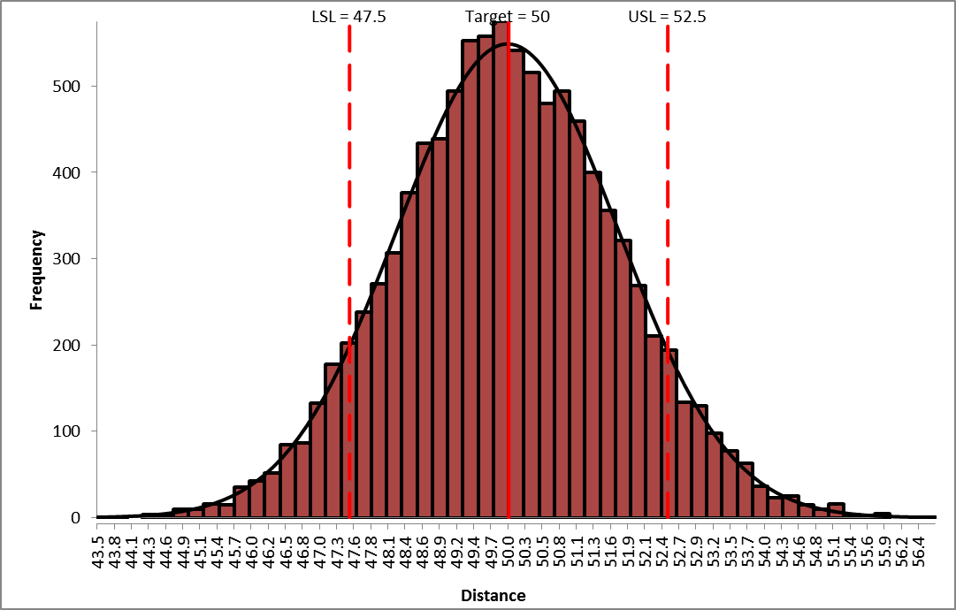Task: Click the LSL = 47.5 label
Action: (x=348, y=16)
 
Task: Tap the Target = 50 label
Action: (x=508, y=16)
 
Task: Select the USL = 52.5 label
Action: (x=667, y=16)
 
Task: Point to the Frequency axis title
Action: (x=37, y=270)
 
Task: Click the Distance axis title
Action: (x=493, y=595)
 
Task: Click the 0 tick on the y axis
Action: (x=78, y=517)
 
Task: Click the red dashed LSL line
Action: (x=349, y=265)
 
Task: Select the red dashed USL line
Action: (x=667, y=265)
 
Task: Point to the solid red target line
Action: (x=509, y=265)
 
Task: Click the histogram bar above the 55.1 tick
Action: (x=836, y=510)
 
